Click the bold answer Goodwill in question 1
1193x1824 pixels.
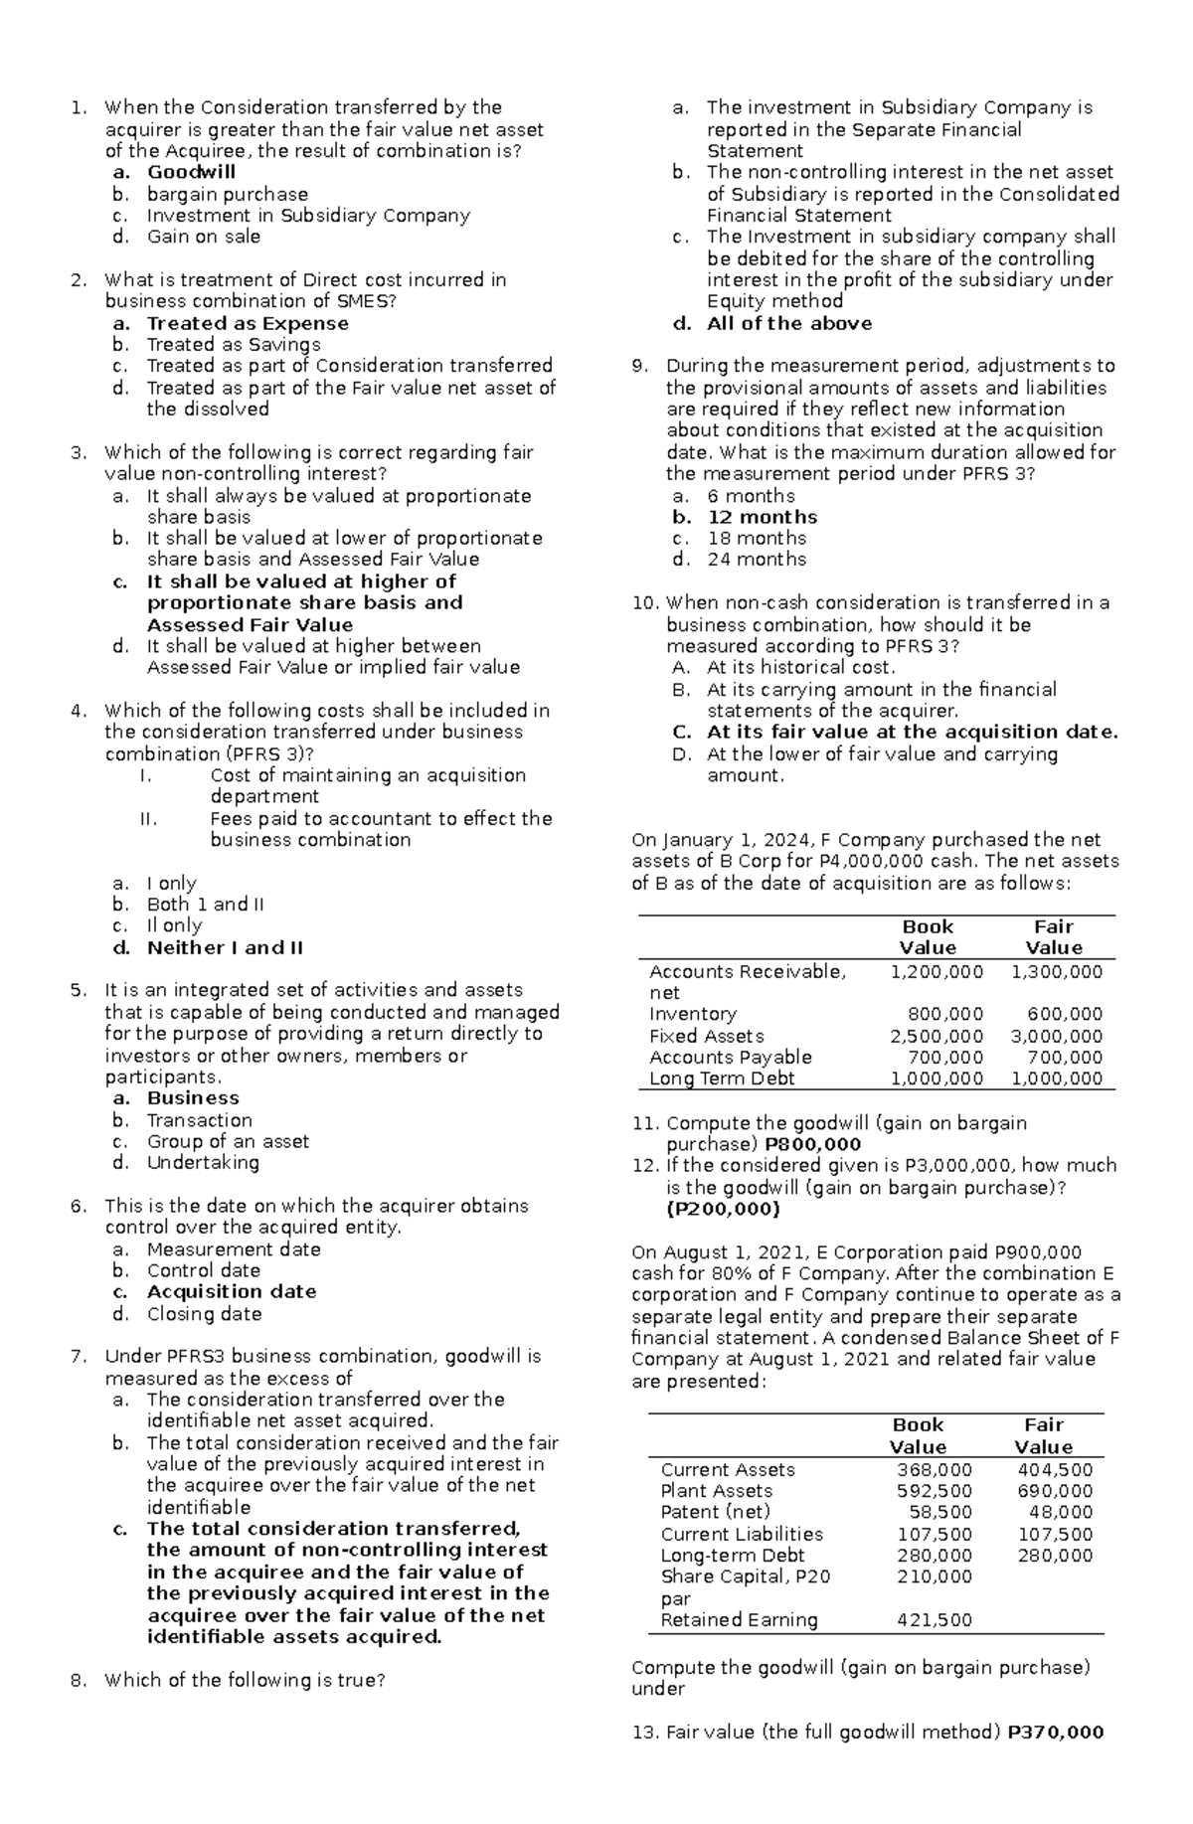click(191, 173)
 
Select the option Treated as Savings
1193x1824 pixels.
click(234, 345)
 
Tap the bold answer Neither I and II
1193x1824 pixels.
click(225, 947)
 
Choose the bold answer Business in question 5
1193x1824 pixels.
click(193, 1098)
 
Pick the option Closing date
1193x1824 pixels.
click(204, 1314)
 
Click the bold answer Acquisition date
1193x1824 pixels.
click(232, 1292)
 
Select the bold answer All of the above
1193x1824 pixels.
click(789, 324)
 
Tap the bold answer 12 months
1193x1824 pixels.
click(762, 517)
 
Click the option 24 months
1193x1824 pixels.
click(756, 560)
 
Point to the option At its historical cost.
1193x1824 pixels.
click(800, 668)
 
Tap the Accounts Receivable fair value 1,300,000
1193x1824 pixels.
click(1057, 972)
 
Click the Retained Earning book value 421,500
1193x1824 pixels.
click(934, 1620)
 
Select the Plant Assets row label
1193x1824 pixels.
click(716, 1491)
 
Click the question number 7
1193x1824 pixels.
click(79, 1357)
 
